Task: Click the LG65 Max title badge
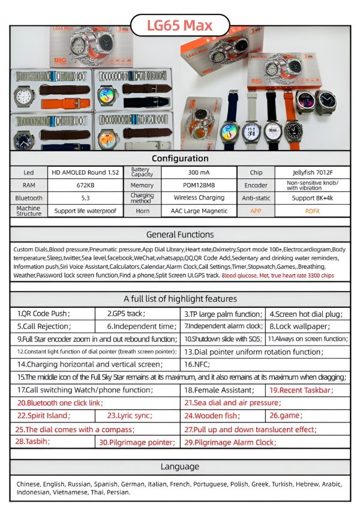pos(179,26)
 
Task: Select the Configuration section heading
pos(180,158)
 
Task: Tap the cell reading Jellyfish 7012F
pos(312,172)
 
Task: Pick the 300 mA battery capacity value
pos(199,172)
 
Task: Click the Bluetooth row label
pos(29,197)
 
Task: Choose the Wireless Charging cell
pos(199,197)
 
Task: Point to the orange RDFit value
pos(312,211)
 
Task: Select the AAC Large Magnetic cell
pos(199,211)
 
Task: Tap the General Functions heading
pos(180,235)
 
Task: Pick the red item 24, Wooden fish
pos(212,415)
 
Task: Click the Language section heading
pos(180,467)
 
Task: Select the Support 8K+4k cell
pos(312,197)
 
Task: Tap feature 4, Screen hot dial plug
pos(306,314)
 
